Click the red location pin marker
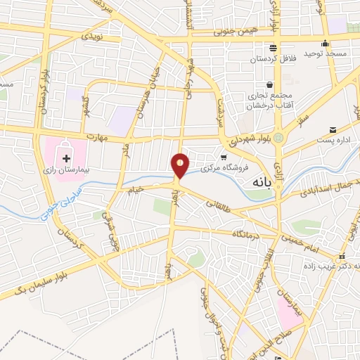click(181, 165)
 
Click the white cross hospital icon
click(67, 150)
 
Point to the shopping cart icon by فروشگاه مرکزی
click(224, 157)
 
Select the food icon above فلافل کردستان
click(273, 48)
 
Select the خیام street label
click(134, 189)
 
